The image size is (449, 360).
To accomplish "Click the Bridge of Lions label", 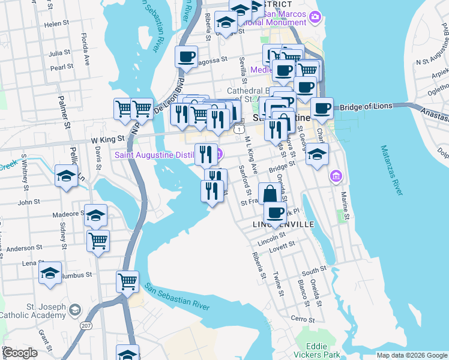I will pyautogui.click(x=366, y=107).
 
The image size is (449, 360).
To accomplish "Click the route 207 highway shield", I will pyautogui.click(x=86, y=324).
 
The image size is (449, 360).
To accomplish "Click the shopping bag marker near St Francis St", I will pyautogui.click(x=270, y=194).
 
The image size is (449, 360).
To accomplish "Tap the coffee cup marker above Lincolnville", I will pyautogui.click(x=276, y=212).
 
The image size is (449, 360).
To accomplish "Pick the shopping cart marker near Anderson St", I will pyautogui.click(x=98, y=241).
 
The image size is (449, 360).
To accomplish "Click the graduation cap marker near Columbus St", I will pyautogui.click(x=50, y=273).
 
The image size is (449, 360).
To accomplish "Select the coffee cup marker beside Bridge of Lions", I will pyautogui.click(x=322, y=109).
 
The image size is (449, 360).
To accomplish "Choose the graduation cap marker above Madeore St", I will pyautogui.click(x=95, y=215).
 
